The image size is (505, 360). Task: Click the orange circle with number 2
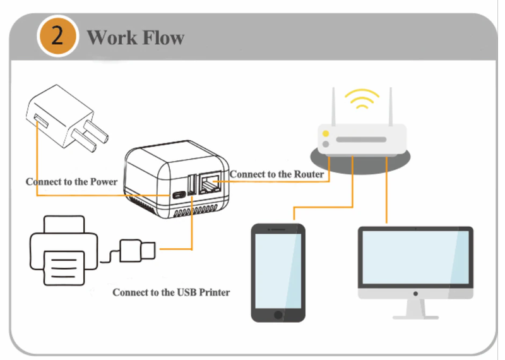[x=57, y=35]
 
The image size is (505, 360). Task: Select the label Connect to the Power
[x=71, y=182]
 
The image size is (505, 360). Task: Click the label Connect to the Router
[x=276, y=174]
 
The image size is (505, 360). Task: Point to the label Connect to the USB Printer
[x=171, y=292]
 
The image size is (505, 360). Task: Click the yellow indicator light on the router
[x=325, y=134]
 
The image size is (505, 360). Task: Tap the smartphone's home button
[x=278, y=315]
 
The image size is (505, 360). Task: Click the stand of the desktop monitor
[x=415, y=308]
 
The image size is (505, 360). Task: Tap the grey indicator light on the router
[x=325, y=145]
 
